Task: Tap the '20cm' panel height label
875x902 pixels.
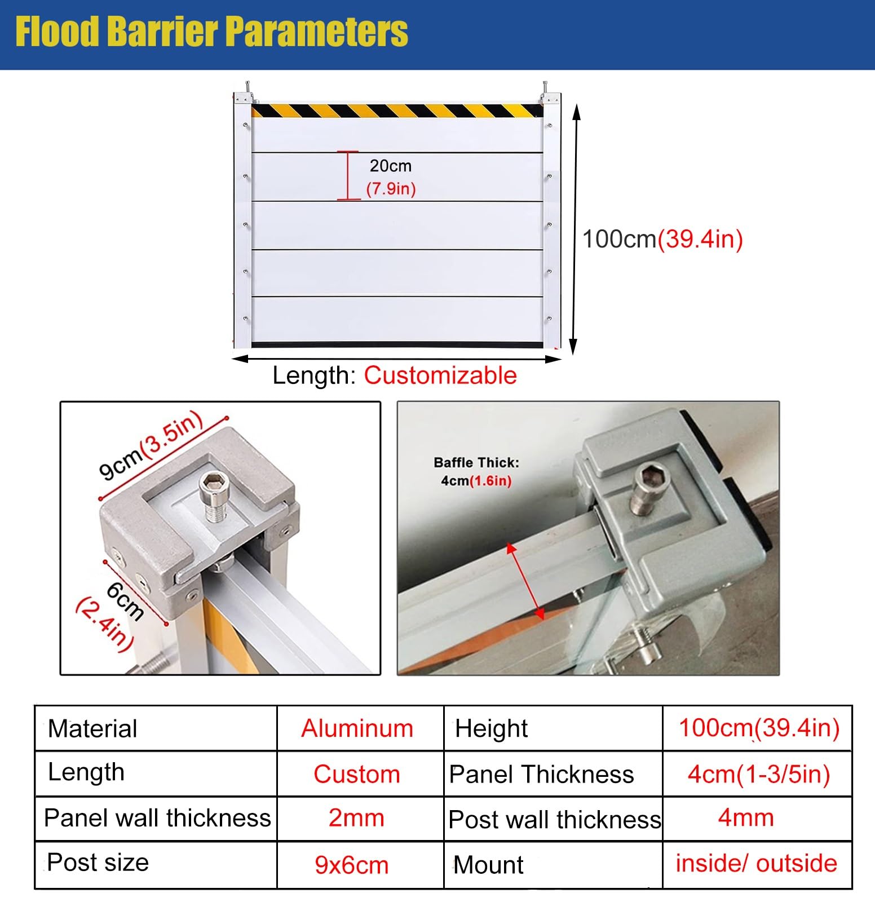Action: point(390,166)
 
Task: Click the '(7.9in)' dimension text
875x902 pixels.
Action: point(391,188)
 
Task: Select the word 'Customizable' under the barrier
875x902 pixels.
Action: point(440,375)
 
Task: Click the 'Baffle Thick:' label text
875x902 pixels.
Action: point(476,463)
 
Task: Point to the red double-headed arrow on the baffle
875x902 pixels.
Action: point(524,581)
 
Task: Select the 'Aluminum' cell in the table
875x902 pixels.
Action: point(357,728)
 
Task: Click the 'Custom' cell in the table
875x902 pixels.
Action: point(357,774)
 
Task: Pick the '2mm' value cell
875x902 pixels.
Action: point(356,818)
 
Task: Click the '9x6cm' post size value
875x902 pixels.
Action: point(352,865)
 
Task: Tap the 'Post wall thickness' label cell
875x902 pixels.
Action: point(554,819)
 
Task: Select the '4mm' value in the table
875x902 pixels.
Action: point(745,817)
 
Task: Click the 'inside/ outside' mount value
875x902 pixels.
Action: point(757,864)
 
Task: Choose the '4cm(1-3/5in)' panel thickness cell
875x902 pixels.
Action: point(759,774)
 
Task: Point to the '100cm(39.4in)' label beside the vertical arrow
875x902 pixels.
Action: point(662,239)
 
